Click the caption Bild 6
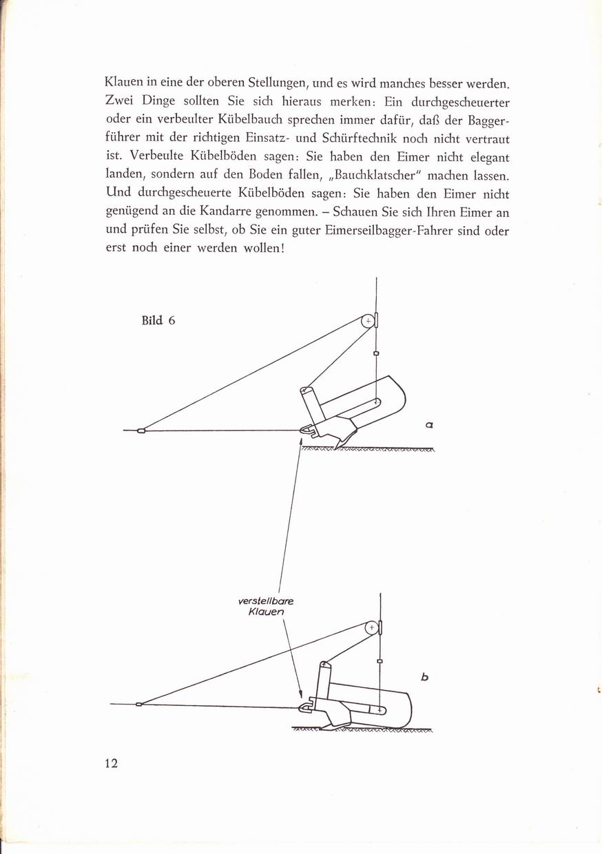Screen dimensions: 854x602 click(x=158, y=320)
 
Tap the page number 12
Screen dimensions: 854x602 click(x=112, y=763)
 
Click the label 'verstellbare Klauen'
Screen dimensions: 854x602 click(x=265, y=606)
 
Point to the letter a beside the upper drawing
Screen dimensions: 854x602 click(x=429, y=426)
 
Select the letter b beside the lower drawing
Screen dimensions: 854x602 click(x=425, y=678)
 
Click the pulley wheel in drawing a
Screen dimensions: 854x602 click(x=369, y=320)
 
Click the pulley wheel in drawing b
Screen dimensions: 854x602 click(x=371, y=627)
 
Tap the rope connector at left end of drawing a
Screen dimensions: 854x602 click(x=141, y=431)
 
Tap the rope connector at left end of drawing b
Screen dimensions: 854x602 click(x=139, y=704)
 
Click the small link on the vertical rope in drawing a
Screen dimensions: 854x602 click(x=375, y=353)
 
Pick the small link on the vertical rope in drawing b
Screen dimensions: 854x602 click(x=380, y=661)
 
